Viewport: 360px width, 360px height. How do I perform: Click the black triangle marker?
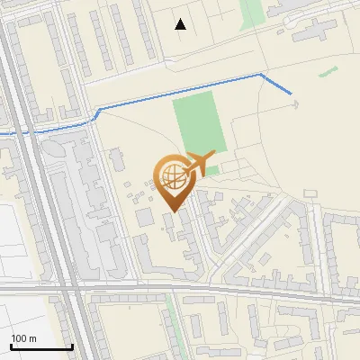tap(181, 24)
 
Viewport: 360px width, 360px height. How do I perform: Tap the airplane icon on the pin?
tap(201, 163)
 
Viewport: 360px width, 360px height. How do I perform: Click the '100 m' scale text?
tap(23, 338)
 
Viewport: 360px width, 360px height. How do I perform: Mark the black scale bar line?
tap(41, 346)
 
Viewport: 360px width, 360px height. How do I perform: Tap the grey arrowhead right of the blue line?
tap(295, 104)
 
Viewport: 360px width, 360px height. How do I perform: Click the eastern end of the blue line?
tap(292, 93)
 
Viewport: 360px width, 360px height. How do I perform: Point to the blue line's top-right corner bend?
tap(261, 75)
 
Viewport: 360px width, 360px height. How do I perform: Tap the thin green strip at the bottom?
tap(170, 315)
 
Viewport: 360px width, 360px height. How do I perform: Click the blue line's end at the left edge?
tap(2, 133)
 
